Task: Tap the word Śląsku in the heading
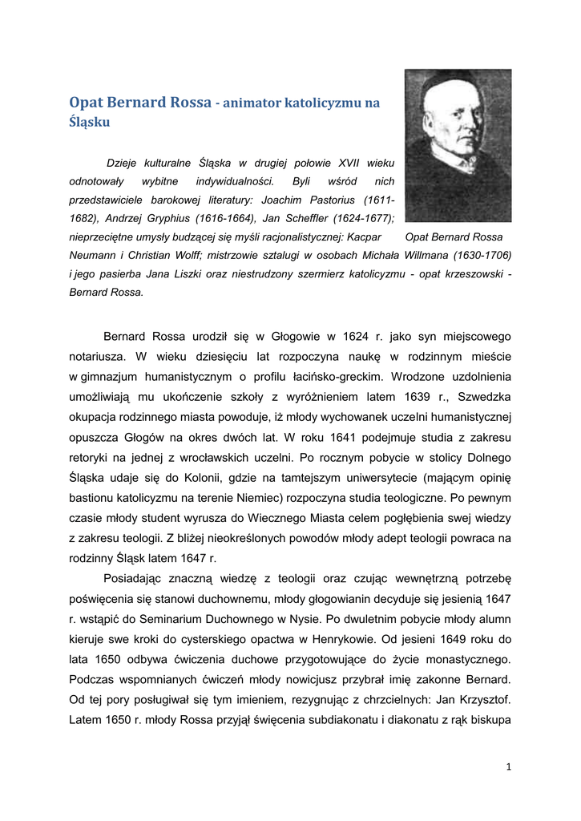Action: point(89,123)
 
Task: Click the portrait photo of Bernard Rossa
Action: point(458,145)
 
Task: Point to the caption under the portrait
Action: point(454,237)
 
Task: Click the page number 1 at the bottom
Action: point(508,766)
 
